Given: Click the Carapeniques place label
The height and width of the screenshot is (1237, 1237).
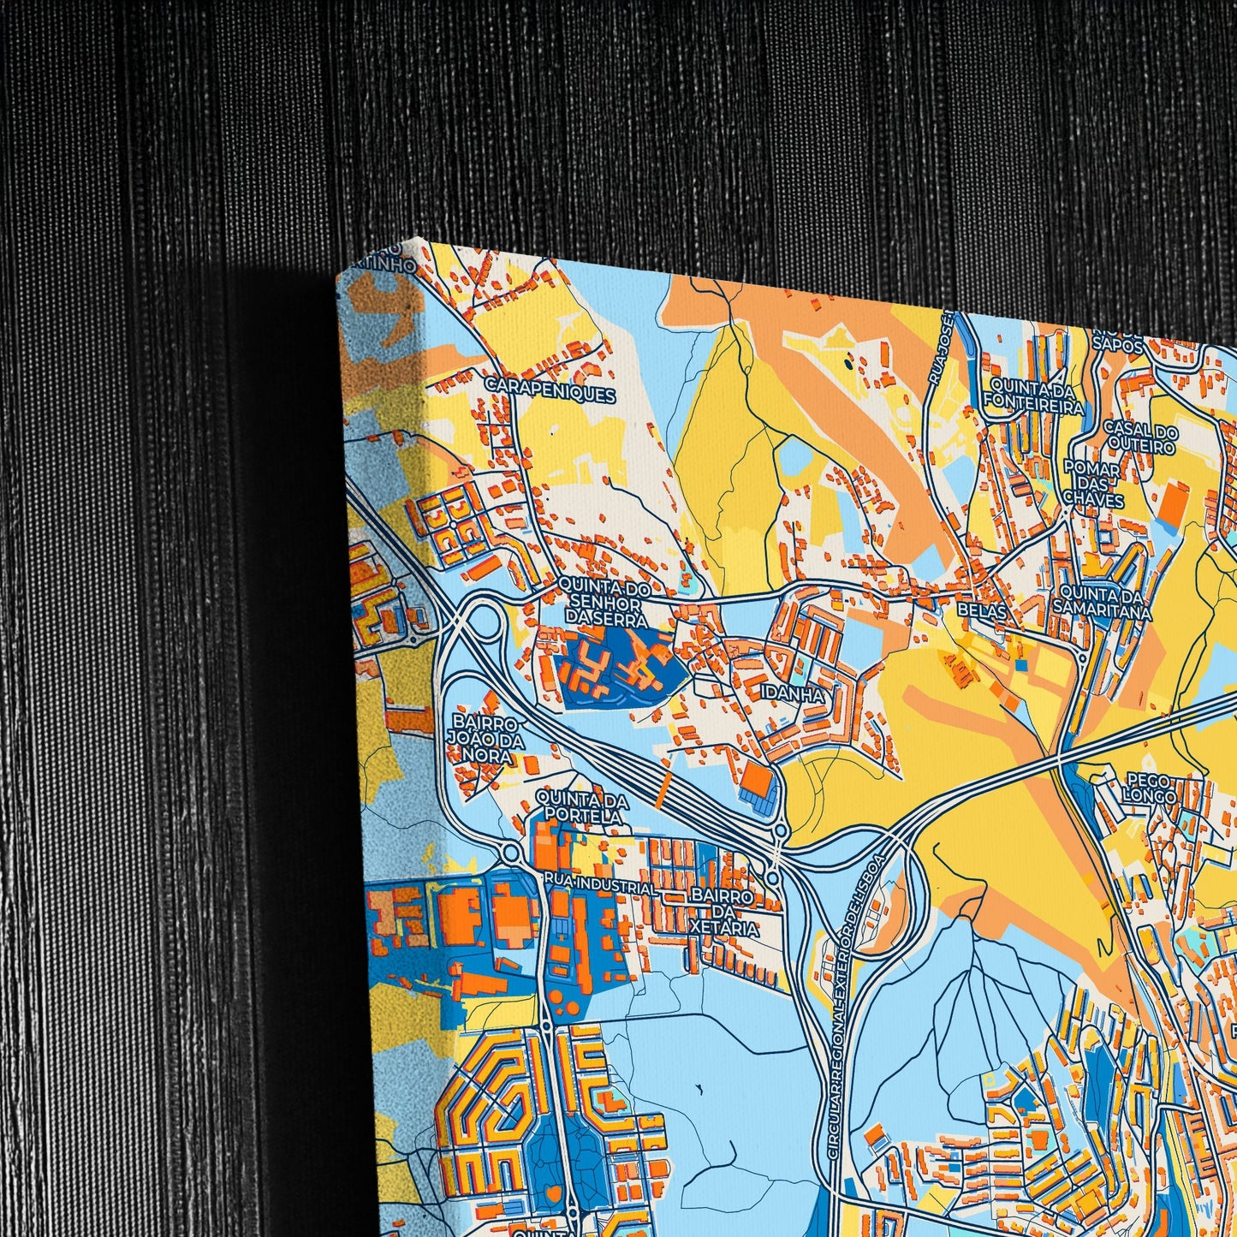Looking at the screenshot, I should pos(550,393).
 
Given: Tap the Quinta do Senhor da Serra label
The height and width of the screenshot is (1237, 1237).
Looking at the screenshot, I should pos(604,603).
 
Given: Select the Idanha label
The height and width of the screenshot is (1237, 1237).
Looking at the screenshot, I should pos(795,696).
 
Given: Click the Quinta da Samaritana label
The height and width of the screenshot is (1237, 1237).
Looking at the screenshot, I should pos(1103,603).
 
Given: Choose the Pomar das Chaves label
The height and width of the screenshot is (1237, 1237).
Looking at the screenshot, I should pos(1092,483).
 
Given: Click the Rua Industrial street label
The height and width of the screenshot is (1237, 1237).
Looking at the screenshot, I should pos(599,885).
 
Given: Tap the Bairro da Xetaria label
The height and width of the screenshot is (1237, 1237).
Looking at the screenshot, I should pos(723,912).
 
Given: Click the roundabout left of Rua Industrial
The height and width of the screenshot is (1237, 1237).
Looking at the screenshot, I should pos(511,853).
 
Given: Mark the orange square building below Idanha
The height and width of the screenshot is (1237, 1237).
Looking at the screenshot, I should pos(757,778).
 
